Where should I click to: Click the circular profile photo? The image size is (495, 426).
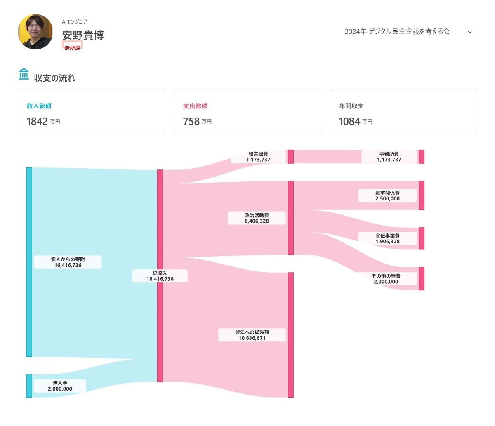pos(35,32)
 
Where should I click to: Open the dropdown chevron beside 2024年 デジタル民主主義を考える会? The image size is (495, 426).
pos(469,32)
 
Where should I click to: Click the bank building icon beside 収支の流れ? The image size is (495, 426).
pos(24,74)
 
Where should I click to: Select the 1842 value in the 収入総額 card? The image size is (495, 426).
pos(37,121)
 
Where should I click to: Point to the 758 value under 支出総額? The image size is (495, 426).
pos(191,121)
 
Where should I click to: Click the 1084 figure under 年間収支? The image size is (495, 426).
pos(349,121)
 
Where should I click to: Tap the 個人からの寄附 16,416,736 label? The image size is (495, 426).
pos(68,262)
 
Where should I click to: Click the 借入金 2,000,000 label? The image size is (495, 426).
pos(60,386)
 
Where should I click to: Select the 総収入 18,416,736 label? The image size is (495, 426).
pos(160,276)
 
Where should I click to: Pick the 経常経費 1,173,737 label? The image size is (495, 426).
pos(258,157)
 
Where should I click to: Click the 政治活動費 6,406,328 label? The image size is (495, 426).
pos(257,218)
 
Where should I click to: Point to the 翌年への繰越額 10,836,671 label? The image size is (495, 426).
pos(252,335)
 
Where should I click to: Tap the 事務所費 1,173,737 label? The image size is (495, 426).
pos(389,157)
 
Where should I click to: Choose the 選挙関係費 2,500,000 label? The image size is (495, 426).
pos(387,195)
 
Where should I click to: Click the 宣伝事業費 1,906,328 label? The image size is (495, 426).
pos(387,238)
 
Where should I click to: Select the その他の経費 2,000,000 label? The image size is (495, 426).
pos(386,279)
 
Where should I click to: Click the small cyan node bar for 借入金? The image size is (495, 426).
pos(29,386)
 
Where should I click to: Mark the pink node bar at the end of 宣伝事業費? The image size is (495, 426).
pos(422,238)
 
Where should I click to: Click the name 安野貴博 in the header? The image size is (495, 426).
pos(83,35)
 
